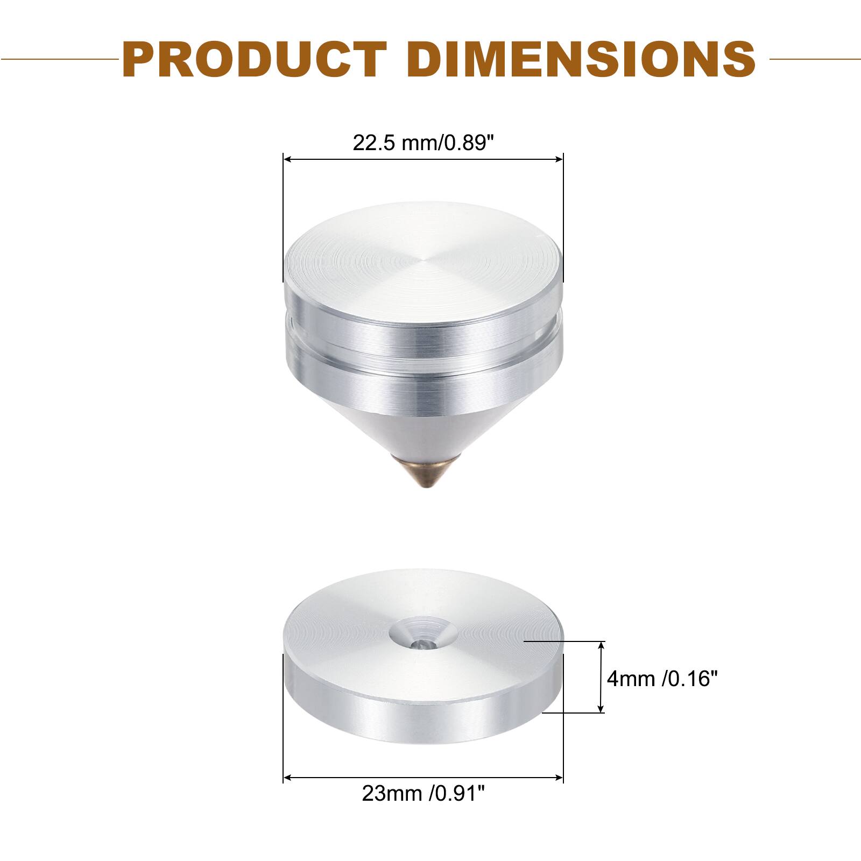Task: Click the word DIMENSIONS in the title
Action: tap(581, 59)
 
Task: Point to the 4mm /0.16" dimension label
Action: tap(662, 679)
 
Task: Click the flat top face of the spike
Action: tap(423, 258)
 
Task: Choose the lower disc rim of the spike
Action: tap(423, 385)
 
